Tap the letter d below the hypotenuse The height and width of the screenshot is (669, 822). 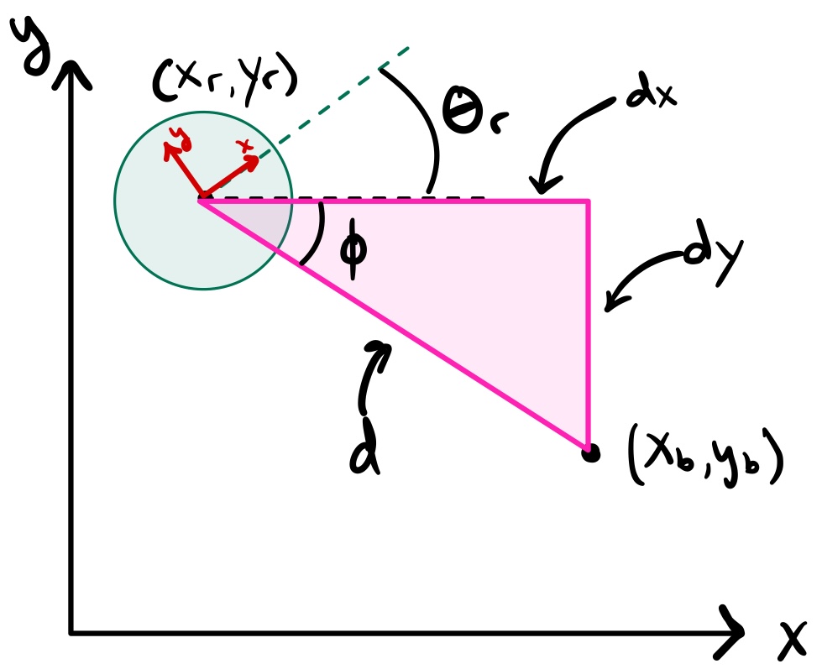pos(367,454)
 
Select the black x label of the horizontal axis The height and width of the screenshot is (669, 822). pos(791,642)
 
